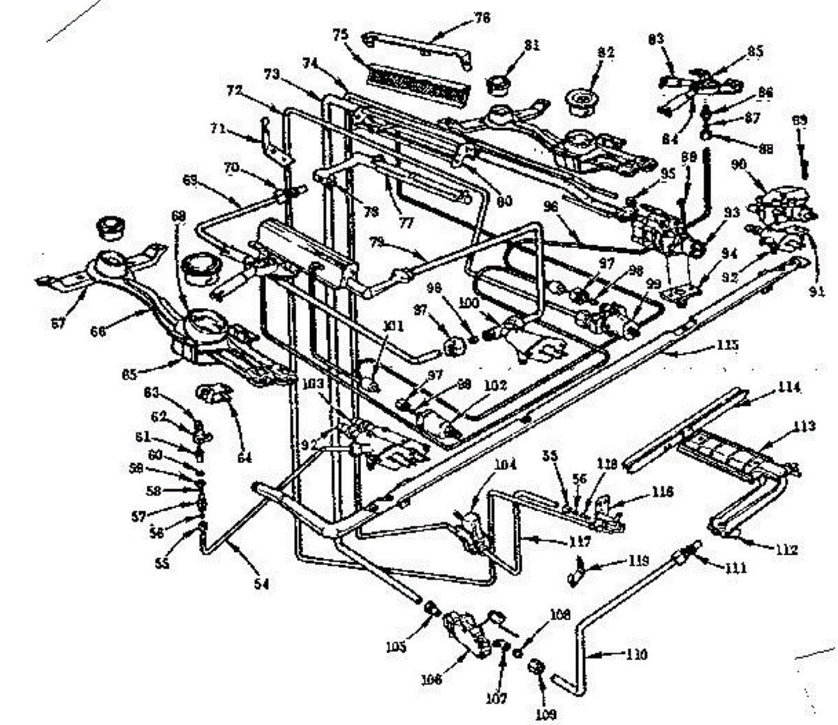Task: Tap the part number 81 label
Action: [532, 45]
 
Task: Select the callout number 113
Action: [804, 425]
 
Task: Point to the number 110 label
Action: [636, 654]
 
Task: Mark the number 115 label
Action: [728, 344]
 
